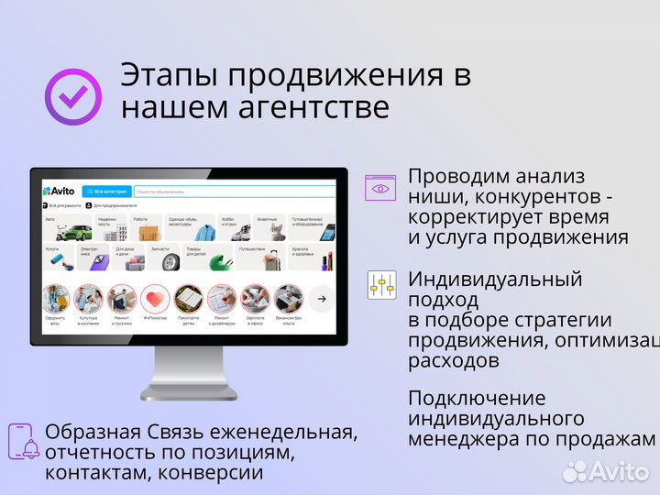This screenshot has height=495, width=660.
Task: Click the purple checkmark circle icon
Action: [x=73, y=96]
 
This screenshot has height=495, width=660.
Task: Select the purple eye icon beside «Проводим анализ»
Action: [x=380, y=188]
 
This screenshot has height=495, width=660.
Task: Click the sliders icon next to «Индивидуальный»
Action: [x=381, y=285]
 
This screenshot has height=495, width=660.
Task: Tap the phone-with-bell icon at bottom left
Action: [x=24, y=441]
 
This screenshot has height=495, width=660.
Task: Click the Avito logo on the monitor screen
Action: [x=60, y=192]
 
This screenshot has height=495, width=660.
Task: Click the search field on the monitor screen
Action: [x=234, y=192]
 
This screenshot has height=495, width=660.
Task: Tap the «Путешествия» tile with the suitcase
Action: [x=259, y=258]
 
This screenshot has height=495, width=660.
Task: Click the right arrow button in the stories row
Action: [x=322, y=298]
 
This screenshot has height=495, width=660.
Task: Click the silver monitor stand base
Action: [x=189, y=391]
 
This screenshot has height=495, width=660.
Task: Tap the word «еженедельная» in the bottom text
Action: [x=286, y=432]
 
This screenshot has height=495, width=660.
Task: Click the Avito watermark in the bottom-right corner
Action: [x=606, y=470]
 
